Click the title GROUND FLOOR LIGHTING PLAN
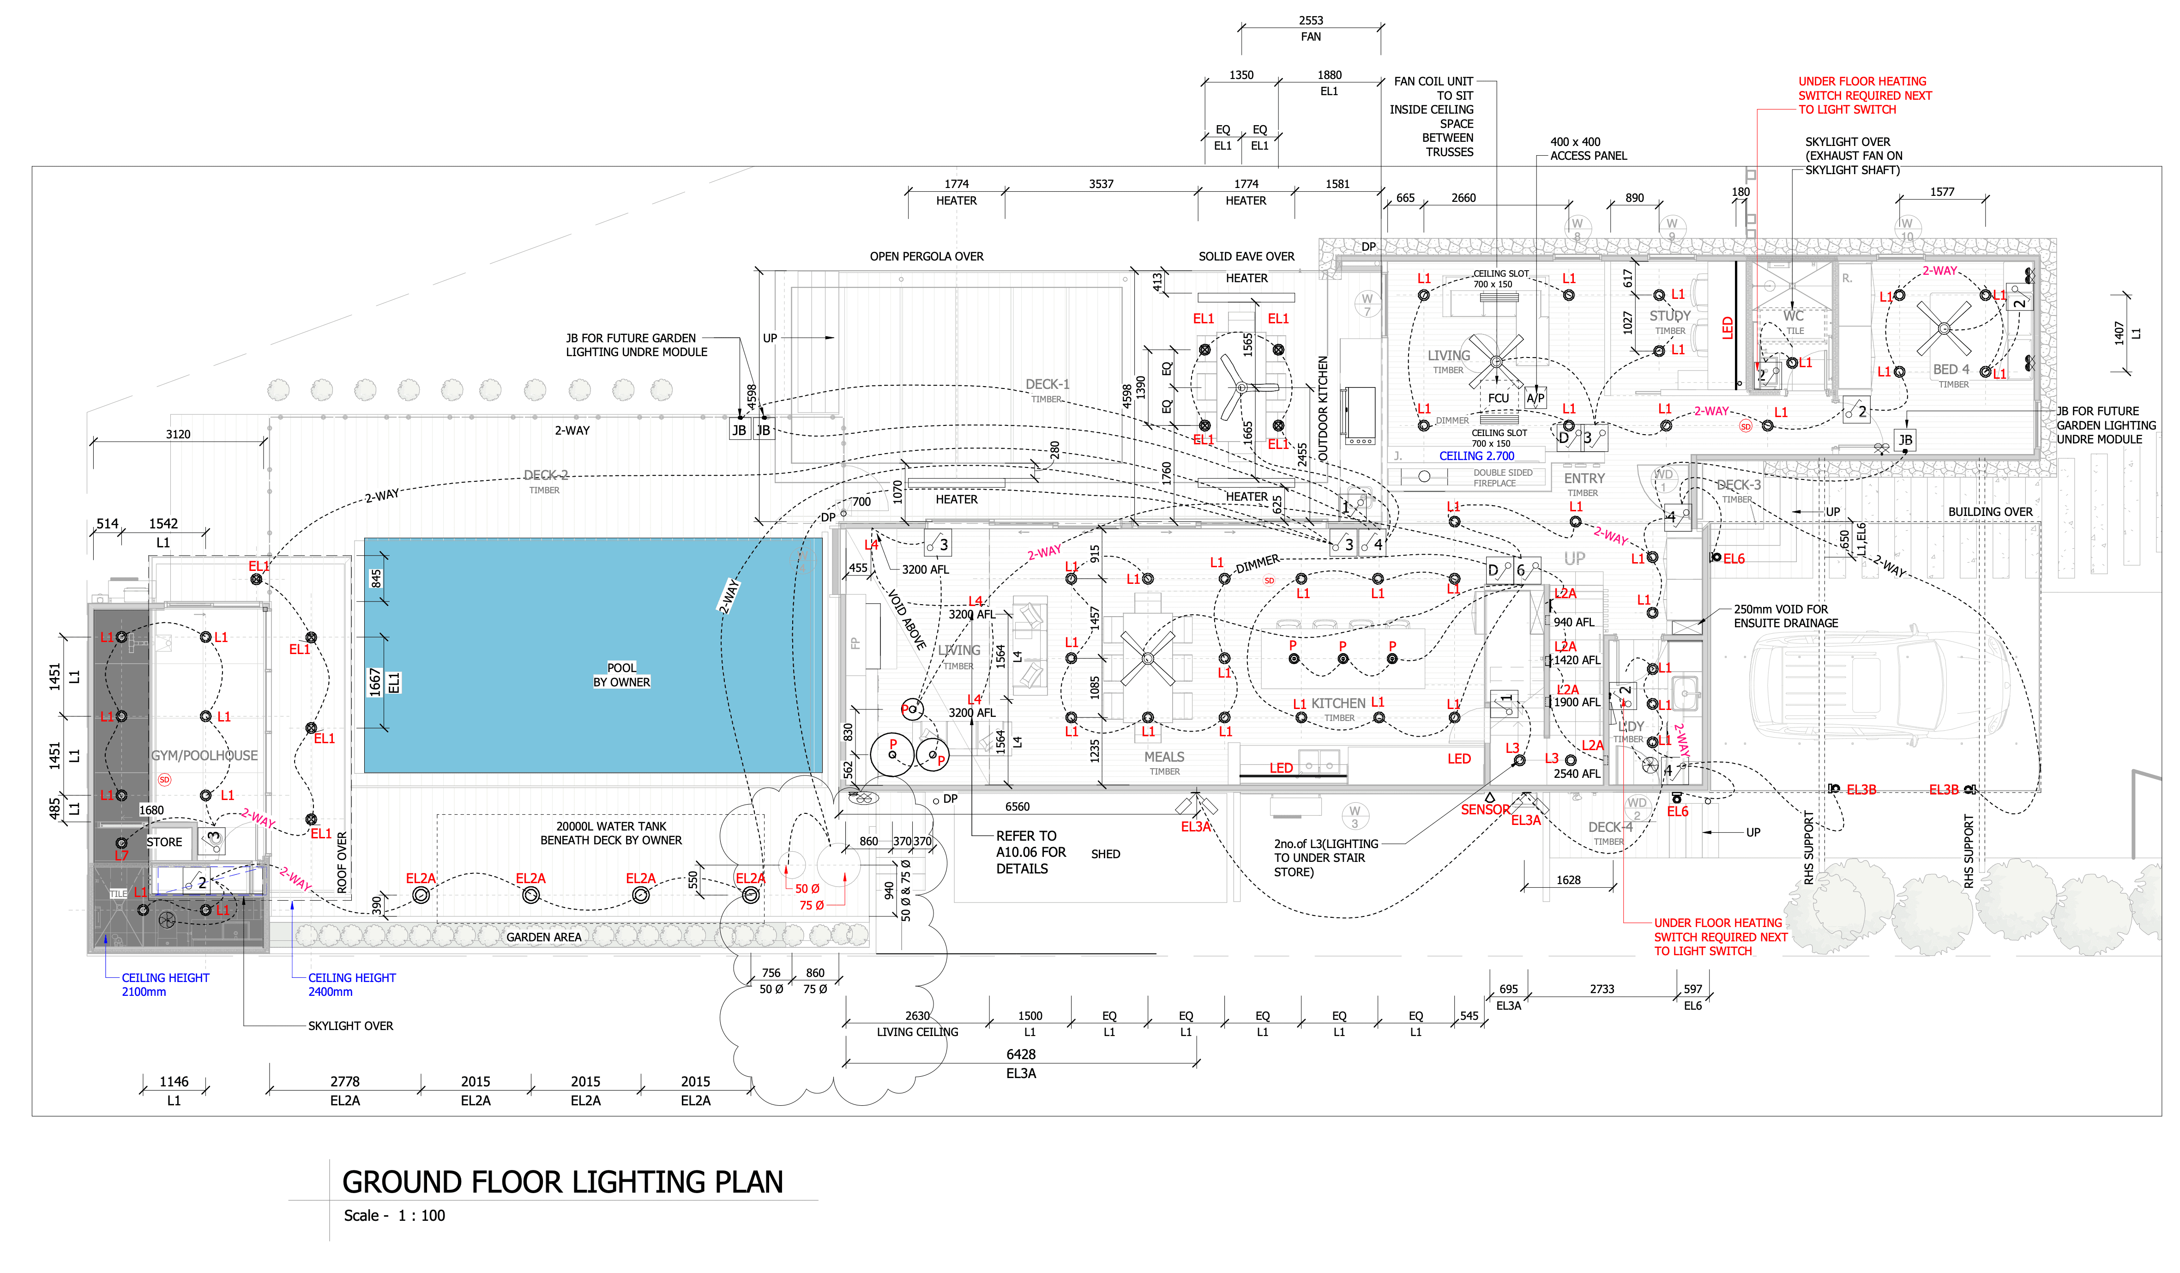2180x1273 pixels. [x=562, y=1182]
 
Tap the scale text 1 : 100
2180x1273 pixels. [x=422, y=1216]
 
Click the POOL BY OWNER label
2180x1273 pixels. [x=621, y=675]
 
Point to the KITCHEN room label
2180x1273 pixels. [x=1338, y=703]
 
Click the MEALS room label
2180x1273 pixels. [x=1164, y=757]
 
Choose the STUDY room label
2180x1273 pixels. [x=1669, y=316]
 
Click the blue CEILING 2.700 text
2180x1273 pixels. [x=1477, y=456]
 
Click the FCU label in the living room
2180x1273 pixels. [x=1498, y=399]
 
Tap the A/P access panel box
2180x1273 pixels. [x=1536, y=399]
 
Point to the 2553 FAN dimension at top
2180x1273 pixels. [x=1311, y=29]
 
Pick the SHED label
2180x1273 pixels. [x=1106, y=854]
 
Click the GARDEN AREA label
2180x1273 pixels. [x=544, y=937]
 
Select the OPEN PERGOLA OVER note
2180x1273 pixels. [x=927, y=257]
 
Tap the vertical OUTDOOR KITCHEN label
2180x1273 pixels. [x=1323, y=407]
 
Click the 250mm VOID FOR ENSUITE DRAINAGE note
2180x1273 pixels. [x=1786, y=616]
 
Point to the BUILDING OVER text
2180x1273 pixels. [x=1990, y=512]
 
